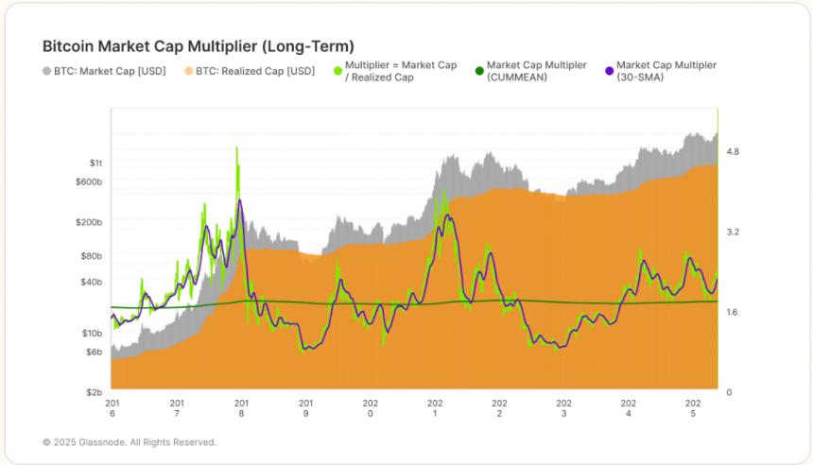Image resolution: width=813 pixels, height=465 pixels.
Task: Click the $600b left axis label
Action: coord(89,181)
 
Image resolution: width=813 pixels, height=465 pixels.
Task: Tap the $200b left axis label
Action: coord(89,222)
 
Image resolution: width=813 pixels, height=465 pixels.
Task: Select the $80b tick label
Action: coord(91,256)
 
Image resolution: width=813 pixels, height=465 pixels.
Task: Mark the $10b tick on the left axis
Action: coord(91,333)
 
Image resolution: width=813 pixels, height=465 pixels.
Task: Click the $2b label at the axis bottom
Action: coord(93,391)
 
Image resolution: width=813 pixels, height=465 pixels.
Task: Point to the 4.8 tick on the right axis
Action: coord(733,151)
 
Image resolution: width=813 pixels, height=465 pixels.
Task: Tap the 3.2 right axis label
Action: coord(733,232)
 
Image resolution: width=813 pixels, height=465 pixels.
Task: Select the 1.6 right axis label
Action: coord(733,312)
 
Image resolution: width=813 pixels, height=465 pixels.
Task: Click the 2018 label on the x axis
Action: coord(241,408)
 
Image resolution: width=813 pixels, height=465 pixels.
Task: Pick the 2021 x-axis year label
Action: coord(435,408)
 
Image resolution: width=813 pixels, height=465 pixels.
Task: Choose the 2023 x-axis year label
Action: coord(563,408)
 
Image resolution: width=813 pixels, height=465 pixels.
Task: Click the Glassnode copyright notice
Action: coord(130,442)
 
